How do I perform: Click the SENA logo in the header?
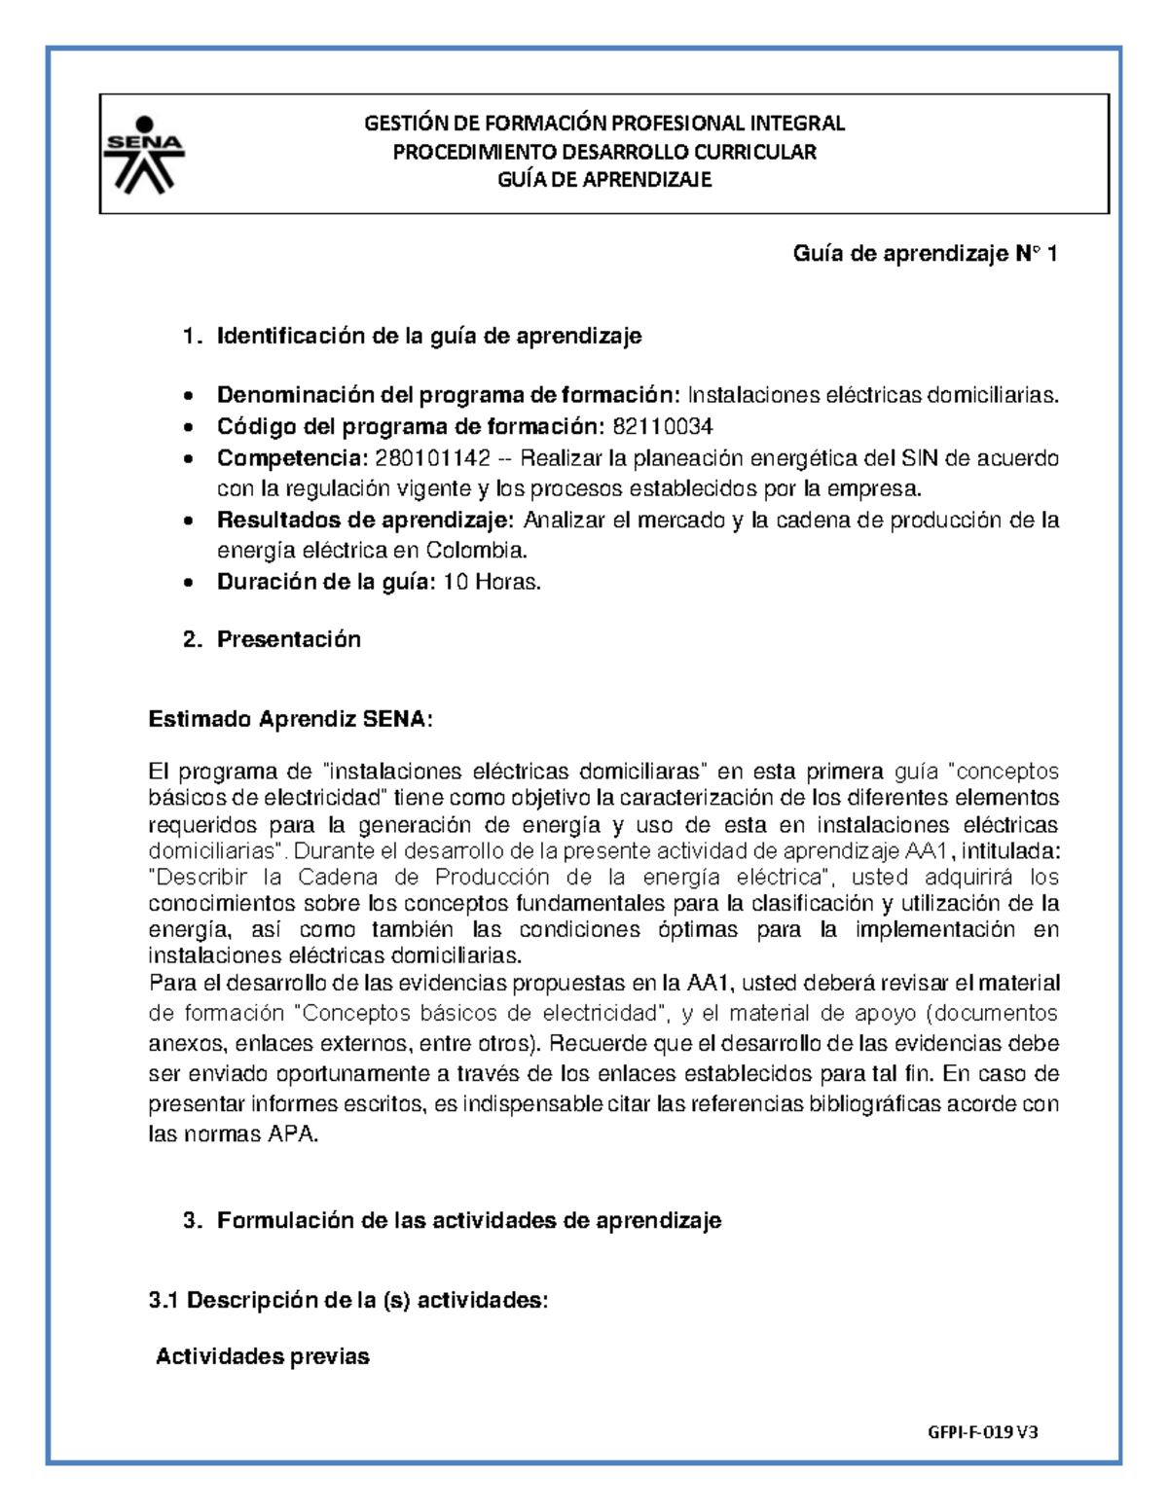(144, 154)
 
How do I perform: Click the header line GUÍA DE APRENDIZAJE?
(604, 180)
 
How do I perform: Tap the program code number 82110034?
(662, 426)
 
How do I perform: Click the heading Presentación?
(288, 639)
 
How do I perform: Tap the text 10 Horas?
(492, 583)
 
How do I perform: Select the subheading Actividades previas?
(263, 1356)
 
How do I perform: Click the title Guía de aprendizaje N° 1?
(925, 254)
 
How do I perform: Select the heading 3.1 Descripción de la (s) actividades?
(348, 1300)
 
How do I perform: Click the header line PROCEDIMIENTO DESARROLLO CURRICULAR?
(604, 152)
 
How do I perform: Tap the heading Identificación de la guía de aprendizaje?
(429, 337)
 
